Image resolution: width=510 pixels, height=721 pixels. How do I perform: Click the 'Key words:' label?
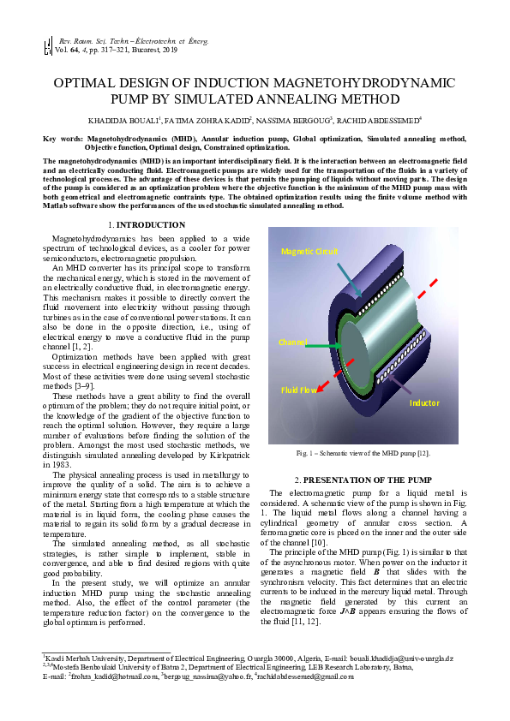(62, 138)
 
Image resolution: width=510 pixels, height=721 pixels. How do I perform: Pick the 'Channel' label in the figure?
(291, 342)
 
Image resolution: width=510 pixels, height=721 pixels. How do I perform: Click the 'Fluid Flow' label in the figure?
(299, 390)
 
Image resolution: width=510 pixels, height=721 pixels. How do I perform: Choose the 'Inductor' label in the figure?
(425, 402)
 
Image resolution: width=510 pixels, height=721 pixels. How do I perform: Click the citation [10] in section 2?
(339, 542)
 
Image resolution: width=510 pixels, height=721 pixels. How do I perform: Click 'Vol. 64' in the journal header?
(67, 51)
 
